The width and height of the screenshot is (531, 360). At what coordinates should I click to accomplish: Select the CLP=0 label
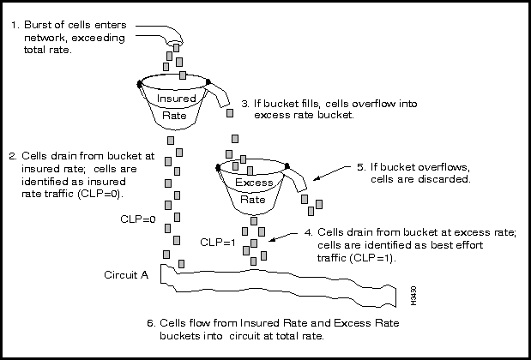coord(138,219)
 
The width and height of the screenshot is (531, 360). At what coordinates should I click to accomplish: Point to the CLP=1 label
coord(217,243)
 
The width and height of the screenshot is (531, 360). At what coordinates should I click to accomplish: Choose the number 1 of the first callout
coord(15,25)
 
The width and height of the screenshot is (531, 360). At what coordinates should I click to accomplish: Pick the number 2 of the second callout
coord(12,156)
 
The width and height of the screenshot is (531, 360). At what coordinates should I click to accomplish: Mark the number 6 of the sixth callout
coord(150,323)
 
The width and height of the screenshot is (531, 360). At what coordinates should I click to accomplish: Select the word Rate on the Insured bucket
coord(174,115)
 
